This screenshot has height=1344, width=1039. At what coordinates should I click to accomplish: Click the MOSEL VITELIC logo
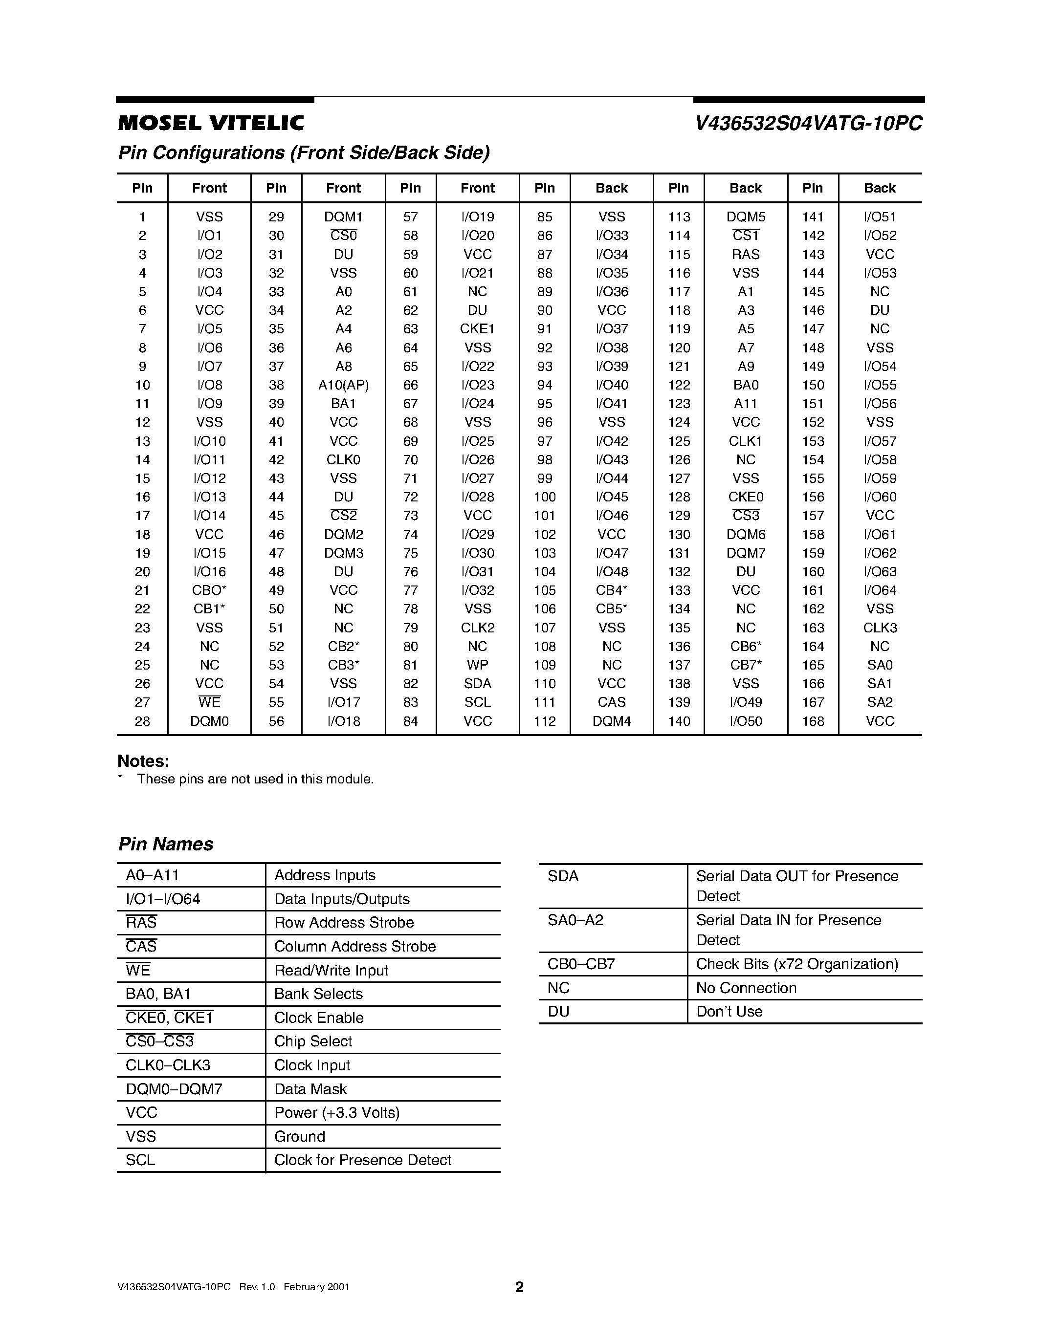tap(211, 124)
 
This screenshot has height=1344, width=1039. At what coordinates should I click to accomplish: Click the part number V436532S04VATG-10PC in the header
tap(808, 124)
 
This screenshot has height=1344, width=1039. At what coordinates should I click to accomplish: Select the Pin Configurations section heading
tap(304, 152)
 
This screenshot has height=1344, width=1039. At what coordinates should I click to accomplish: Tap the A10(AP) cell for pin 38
tap(343, 385)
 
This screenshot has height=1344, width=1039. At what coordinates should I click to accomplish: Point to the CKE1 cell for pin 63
tap(477, 329)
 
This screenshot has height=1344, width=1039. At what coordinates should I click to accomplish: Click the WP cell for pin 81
tap(477, 665)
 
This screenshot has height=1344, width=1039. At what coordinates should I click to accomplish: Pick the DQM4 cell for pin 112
tap(611, 721)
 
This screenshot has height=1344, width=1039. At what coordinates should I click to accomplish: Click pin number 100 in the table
tap(545, 497)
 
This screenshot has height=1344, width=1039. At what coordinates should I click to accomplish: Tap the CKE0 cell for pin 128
tap(746, 497)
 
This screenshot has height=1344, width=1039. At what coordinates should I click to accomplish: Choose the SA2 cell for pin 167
tap(880, 702)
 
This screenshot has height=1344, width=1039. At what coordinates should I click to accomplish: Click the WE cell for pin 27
tap(209, 702)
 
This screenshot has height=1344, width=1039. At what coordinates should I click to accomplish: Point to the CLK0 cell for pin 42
tap(343, 460)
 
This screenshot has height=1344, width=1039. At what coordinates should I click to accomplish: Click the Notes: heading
tap(143, 761)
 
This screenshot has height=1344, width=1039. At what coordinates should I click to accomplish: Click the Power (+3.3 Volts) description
tap(337, 1113)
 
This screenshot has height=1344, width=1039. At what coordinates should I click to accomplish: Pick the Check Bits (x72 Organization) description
tap(796, 964)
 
